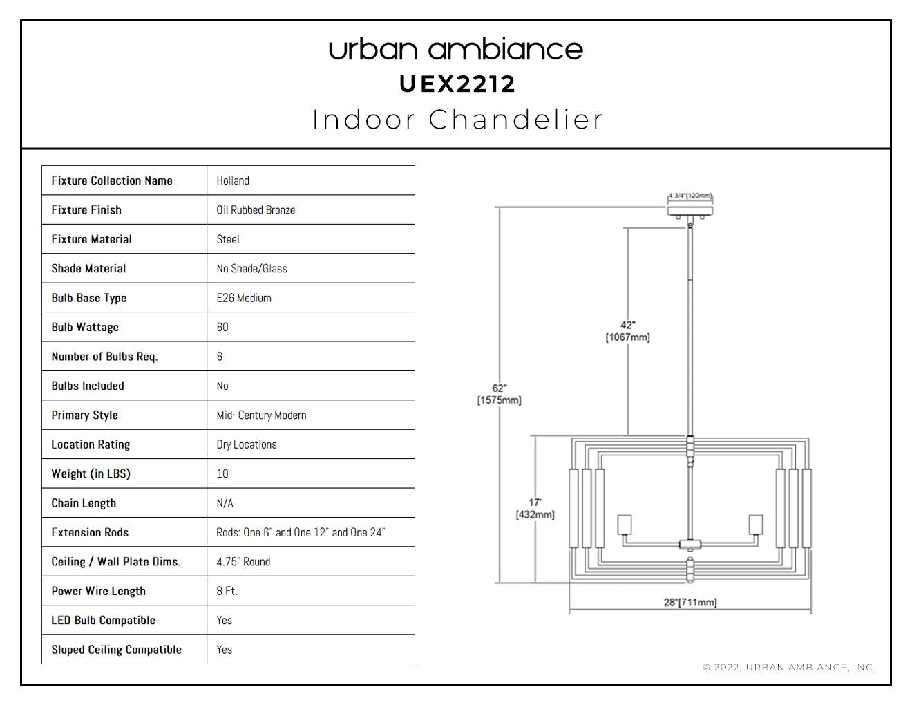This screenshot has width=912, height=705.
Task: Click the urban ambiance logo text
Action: pyautogui.click(x=456, y=49)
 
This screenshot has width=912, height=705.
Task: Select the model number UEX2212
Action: pyautogui.click(x=457, y=84)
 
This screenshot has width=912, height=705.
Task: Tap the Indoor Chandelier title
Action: pyautogui.click(x=457, y=120)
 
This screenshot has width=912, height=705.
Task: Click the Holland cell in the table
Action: pyautogui.click(x=233, y=180)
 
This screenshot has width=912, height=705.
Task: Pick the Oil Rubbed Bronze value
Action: pyautogui.click(x=256, y=210)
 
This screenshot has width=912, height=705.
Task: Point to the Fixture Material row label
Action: pyautogui.click(x=91, y=239)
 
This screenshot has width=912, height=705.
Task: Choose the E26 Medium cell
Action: pyautogui.click(x=244, y=298)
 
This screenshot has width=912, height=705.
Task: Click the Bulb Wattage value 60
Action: pyautogui.click(x=222, y=327)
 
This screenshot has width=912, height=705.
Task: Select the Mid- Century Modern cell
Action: pyautogui.click(x=261, y=415)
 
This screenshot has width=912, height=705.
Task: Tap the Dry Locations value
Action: pyautogui.click(x=247, y=444)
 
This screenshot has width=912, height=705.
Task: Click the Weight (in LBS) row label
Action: pyautogui.click(x=91, y=473)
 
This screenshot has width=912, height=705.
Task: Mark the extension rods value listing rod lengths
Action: pyautogui.click(x=301, y=532)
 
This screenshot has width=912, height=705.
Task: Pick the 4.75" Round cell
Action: pyautogui.click(x=243, y=561)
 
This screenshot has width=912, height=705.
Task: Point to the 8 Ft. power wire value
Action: pyautogui.click(x=227, y=591)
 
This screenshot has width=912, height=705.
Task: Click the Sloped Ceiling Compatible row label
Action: pyautogui.click(x=116, y=650)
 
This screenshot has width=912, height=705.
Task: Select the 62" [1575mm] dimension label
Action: pyautogui.click(x=499, y=394)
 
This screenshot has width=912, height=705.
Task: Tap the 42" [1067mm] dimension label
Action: pyautogui.click(x=627, y=331)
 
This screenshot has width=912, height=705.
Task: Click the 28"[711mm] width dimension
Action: pyautogui.click(x=690, y=603)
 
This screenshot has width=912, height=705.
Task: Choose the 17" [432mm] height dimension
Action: pyautogui.click(x=535, y=509)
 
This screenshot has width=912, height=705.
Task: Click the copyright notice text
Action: pyautogui.click(x=789, y=667)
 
